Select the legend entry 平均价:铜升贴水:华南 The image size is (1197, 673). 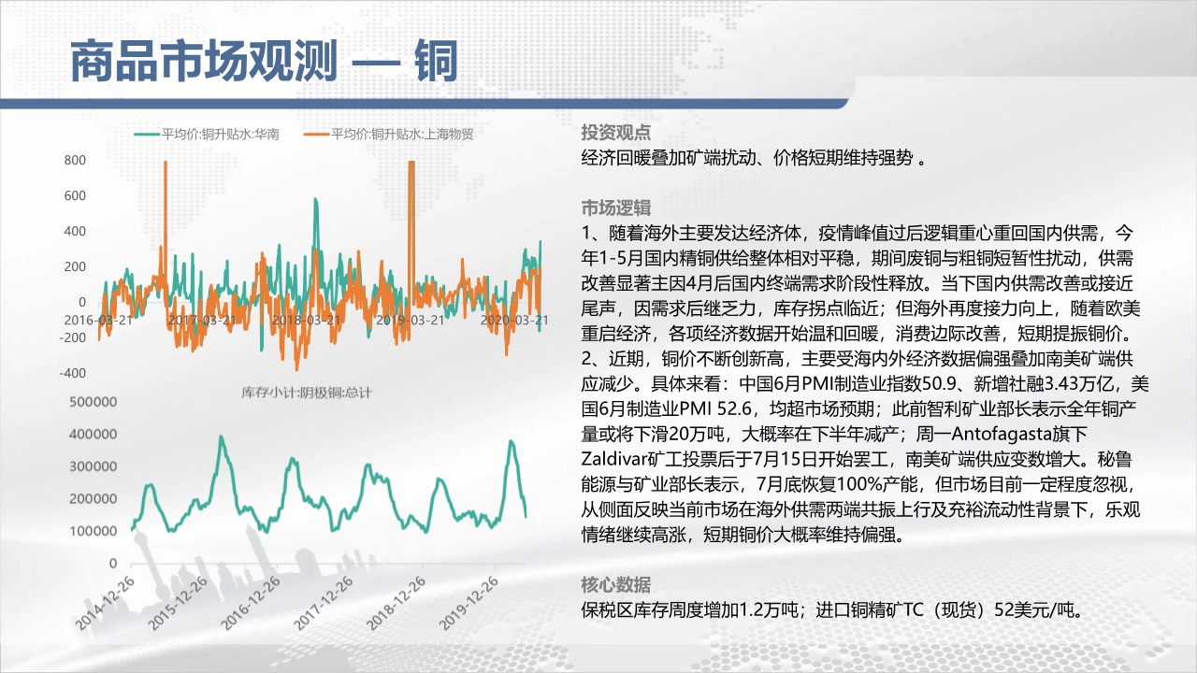pyautogui.click(x=207, y=134)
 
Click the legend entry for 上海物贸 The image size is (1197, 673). pyautogui.click(x=388, y=134)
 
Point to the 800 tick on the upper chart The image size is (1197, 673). pyautogui.click(x=75, y=160)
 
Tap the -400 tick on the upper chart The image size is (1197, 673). pyautogui.click(x=73, y=373)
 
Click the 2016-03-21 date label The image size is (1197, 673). pyautogui.click(x=98, y=320)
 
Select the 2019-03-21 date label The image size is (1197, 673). pyautogui.click(x=411, y=320)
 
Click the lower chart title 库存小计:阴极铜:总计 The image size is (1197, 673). pyautogui.click(x=306, y=394)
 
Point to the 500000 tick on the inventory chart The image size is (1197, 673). pyautogui.click(x=93, y=402)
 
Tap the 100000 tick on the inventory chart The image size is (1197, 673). pyautogui.click(x=93, y=531)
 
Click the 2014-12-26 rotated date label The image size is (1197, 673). pyautogui.click(x=105, y=604)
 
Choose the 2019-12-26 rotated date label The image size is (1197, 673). pyautogui.click(x=469, y=604)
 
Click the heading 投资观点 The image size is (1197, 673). pyautogui.click(x=616, y=132)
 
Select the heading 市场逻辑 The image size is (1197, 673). pyautogui.click(x=616, y=208)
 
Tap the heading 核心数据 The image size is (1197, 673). pyautogui.click(x=616, y=585)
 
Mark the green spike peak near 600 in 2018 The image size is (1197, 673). pyautogui.click(x=315, y=200)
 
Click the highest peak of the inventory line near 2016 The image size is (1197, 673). pyautogui.click(x=222, y=437)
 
